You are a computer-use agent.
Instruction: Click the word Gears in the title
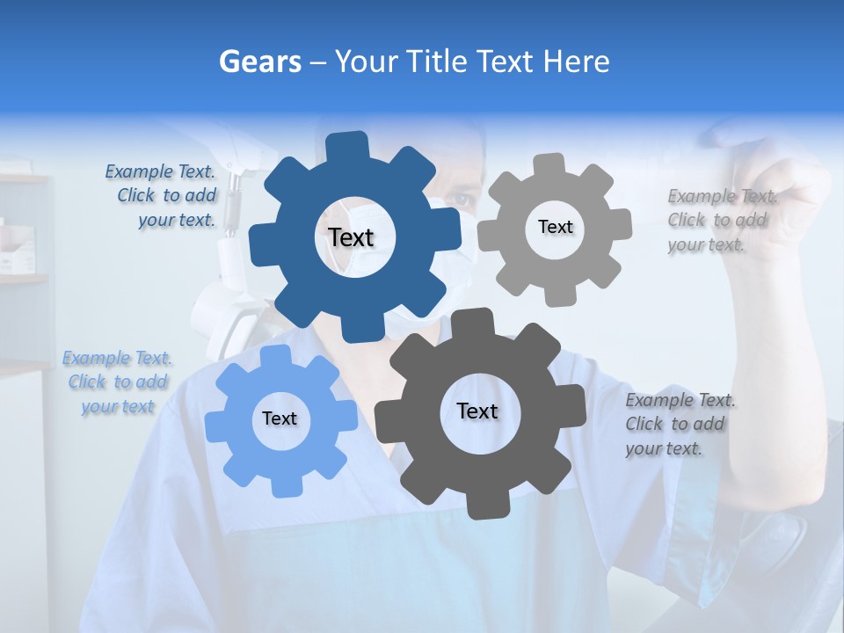(259, 62)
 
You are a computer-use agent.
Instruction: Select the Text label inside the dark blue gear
(351, 237)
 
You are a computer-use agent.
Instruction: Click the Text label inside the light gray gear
(555, 227)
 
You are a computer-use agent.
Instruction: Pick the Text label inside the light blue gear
(280, 418)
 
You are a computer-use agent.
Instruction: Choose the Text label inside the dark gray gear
(477, 411)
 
